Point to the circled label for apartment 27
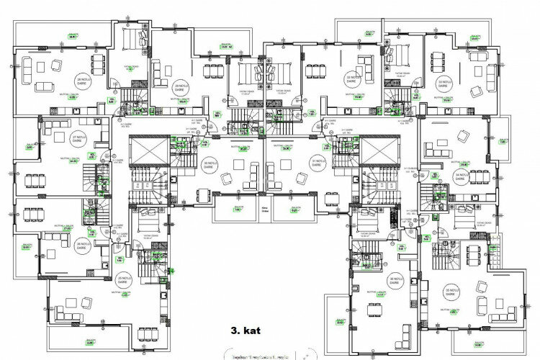pyautogui.click(x=78, y=138)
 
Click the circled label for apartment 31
pyautogui.click(x=318, y=163)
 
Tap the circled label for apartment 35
pyautogui.click(x=450, y=292)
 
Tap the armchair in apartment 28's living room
pyautogui.click(x=55, y=66)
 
